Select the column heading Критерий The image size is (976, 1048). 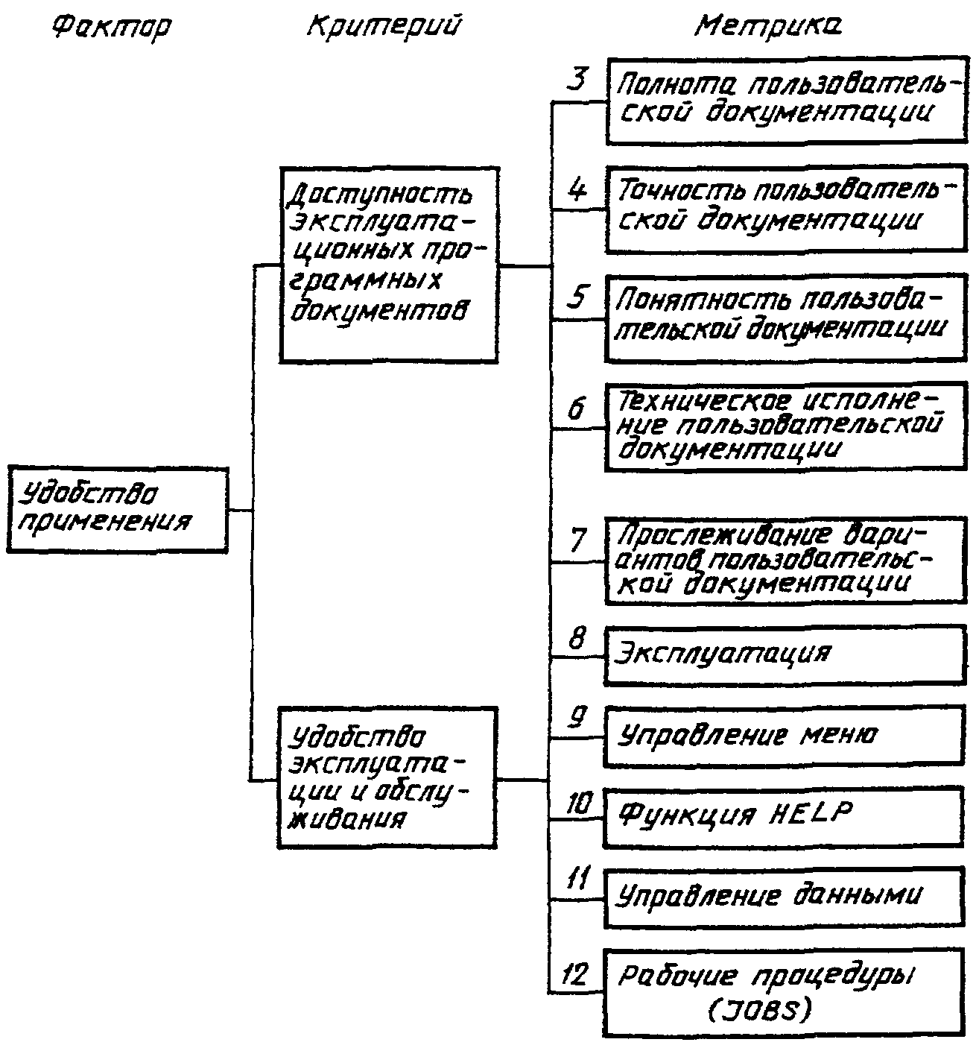(x=383, y=26)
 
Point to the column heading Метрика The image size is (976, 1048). (x=769, y=26)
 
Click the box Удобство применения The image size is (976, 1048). (x=117, y=510)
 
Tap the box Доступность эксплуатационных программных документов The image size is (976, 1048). (x=388, y=265)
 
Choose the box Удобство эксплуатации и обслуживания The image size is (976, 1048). (x=387, y=778)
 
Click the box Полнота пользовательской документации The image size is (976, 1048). (x=786, y=100)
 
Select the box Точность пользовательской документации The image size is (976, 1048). (x=786, y=209)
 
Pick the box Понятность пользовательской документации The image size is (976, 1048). (x=786, y=319)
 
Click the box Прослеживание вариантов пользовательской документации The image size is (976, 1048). (x=786, y=561)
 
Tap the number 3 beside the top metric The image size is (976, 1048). (x=576, y=79)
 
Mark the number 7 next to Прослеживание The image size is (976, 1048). (x=578, y=540)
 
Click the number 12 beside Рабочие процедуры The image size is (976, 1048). (x=574, y=975)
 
